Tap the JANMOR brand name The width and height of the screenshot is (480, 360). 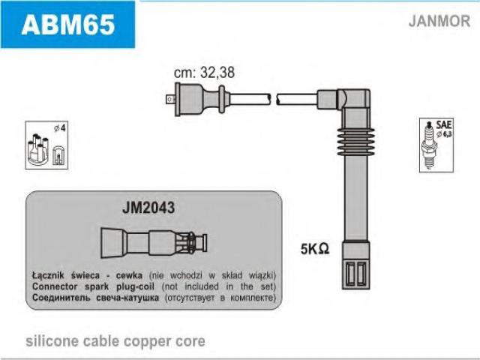click(438, 21)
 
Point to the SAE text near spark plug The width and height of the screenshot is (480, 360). click(442, 124)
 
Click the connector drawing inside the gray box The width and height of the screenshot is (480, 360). click(153, 241)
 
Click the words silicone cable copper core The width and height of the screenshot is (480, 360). click(115, 341)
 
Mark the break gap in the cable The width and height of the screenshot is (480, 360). click(273, 97)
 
